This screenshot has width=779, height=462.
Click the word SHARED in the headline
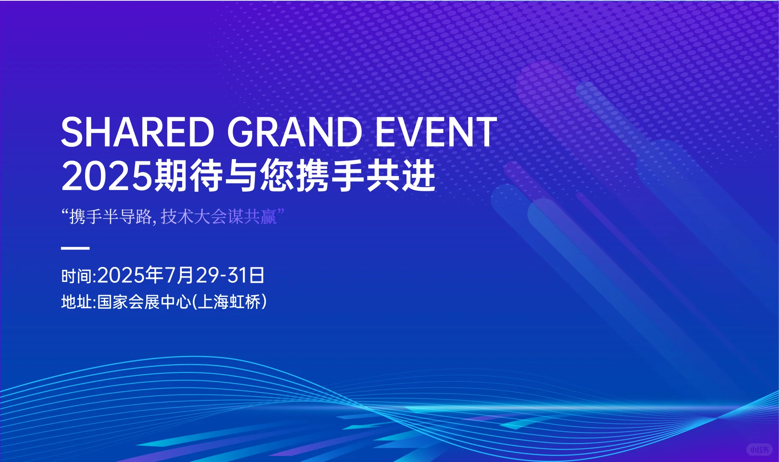[x=137, y=132]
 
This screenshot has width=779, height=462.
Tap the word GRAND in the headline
[x=295, y=132]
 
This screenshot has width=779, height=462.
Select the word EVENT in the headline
[x=436, y=132]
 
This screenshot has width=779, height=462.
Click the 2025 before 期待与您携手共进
[x=106, y=176]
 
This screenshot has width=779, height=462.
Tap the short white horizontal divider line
[x=75, y=248]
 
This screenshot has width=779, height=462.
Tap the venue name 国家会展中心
[x=144, y=302]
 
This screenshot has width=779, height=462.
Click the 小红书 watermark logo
[x=759, y=450]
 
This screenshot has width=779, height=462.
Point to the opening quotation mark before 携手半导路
[x=65, y=213]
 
